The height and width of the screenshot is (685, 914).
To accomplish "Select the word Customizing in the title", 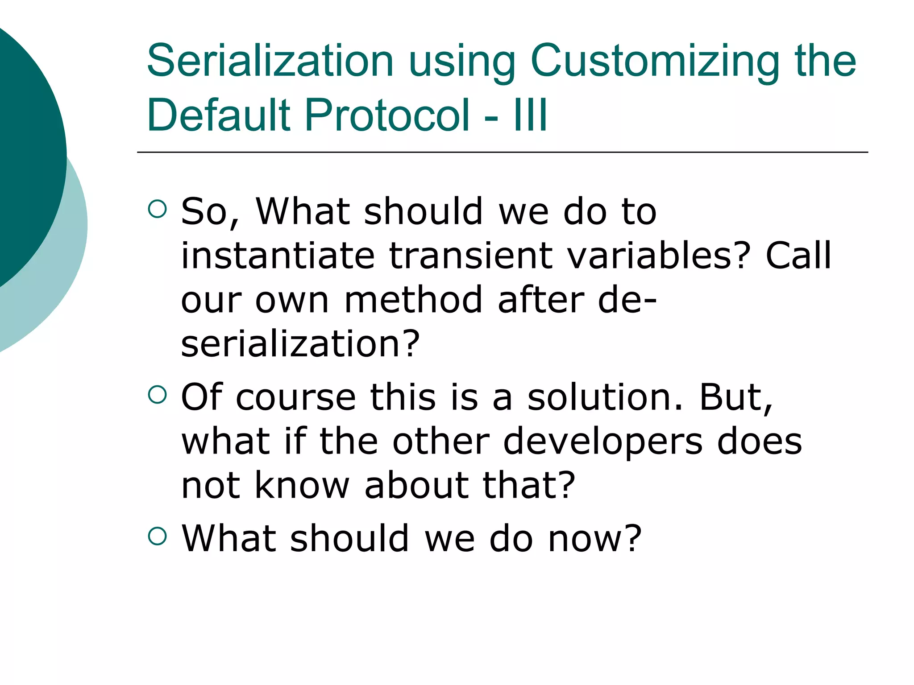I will coord(654,61).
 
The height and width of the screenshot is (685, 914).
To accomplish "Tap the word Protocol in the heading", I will coord(387,115).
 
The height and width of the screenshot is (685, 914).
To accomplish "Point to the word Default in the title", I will coord(219,115).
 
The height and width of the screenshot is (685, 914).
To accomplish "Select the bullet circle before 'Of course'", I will coord(157,394).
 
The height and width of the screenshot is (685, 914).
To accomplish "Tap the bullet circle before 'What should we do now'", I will coord(157,536).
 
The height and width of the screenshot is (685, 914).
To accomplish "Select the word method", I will coord(413,300).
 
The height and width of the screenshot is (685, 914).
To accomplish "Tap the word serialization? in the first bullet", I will coord(300,344).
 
